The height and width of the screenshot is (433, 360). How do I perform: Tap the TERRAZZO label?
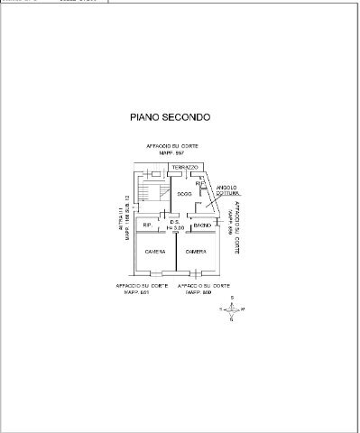pyautogui.click(x=172, y=169)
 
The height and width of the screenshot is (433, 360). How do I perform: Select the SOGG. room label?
pyautogui.click(x=183, y=194)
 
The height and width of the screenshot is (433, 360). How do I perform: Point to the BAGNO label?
pyautogui.click(x=201, y=224)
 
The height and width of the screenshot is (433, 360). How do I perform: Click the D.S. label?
pyautogui.click(x=174, y=223)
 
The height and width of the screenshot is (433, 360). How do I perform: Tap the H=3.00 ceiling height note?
pyautogui.click(x=174, y=229)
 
